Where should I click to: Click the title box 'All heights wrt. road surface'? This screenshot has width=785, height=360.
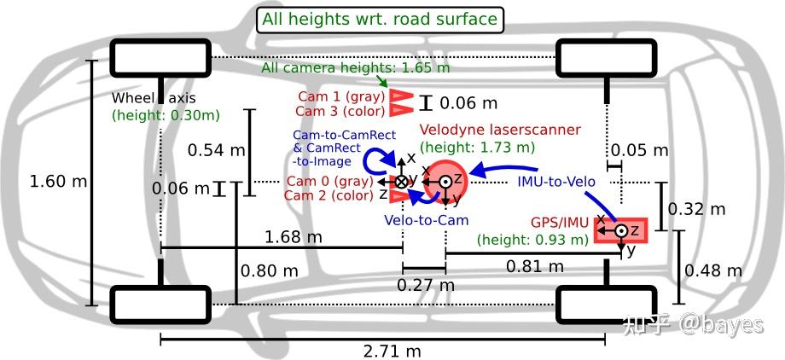click(380, 20)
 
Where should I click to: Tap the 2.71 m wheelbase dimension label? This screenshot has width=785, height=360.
click(392, 351)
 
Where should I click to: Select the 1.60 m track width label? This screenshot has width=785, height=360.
click(59, 181)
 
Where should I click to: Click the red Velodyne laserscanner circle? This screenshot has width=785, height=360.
click(447, 181)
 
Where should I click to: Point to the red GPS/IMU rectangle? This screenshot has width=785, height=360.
click(621, 230)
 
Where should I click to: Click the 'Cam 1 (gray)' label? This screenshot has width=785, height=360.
click(341, 96)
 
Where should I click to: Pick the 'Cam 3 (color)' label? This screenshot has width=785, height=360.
click(340, 111)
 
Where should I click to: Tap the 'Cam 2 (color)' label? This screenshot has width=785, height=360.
click(329, 195)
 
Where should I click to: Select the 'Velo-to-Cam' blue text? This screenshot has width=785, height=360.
click(427, 220)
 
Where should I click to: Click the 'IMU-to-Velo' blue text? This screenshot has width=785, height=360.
click(556, 181)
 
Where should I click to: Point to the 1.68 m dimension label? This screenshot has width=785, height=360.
click(293, 236)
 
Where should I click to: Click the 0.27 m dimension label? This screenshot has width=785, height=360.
click(426, 285)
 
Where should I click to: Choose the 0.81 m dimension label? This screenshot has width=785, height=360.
click(535, 266)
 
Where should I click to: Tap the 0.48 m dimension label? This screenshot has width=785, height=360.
click(713, 271)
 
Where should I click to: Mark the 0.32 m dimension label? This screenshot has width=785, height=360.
click(696, 209)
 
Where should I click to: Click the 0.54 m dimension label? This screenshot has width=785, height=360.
click(216, 149)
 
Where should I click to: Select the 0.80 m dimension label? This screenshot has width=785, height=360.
click(270, 271)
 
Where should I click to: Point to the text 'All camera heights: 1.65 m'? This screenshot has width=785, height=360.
click(355, 67)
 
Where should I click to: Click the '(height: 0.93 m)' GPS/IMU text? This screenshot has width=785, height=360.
click(532, 240)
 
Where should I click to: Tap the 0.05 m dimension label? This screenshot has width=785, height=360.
click(640, 149)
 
